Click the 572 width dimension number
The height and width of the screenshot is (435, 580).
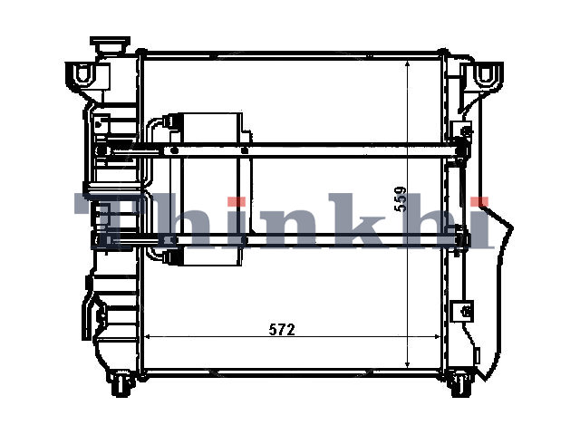pyautogui.click(x=282, y=329)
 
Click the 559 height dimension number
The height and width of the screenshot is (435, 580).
pyautogui.click(x=401, y=198)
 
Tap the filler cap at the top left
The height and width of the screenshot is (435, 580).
pyautogui.click(x=110, y=44)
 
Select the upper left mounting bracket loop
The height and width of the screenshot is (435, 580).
pyautogui.click(x=84, y=72)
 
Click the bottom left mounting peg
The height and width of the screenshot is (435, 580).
pyautogui.click(x=121, y=383)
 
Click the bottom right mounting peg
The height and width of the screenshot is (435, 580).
pyautogui.click(x=460, y=384)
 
